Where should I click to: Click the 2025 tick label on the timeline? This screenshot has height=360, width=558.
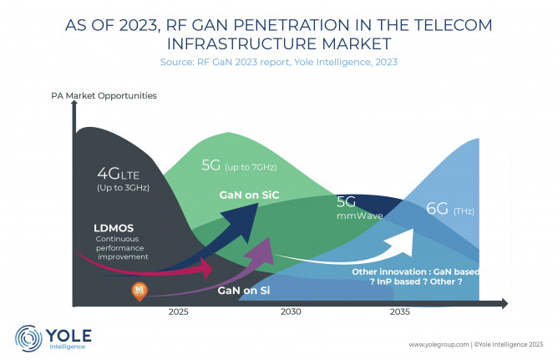click(x=178, y=312)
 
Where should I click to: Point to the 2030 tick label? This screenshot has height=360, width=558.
click(x=291, y=312)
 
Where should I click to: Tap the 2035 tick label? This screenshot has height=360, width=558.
click(x=399, y=312)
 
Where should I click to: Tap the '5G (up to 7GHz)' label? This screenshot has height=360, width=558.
click(x=238, y=165)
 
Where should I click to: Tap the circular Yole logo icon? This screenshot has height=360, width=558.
click(x=28, y=337)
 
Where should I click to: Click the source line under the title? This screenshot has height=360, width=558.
click(x=279, y=63)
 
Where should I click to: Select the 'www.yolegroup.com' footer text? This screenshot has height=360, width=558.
click(x=439, y=344)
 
